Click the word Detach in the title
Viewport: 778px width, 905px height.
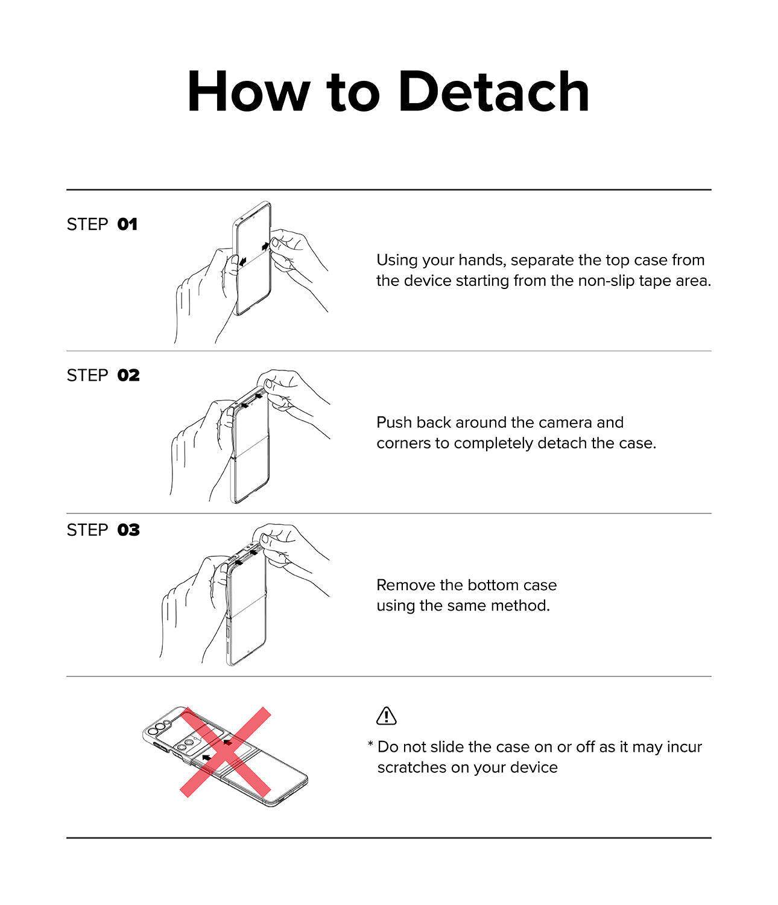tap(494, 92)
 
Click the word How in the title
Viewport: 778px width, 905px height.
tap(248, 92)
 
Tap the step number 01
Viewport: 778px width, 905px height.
tap(127, 224)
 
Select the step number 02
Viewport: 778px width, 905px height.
tap(128, 375)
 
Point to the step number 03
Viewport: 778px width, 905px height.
tap(128, 530)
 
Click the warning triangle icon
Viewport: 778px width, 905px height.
tap(386, 716)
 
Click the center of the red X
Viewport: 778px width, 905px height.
tap(226, 752)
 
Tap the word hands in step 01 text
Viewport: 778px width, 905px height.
tap(482, 260)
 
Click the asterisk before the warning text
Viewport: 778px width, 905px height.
tap(370, 743)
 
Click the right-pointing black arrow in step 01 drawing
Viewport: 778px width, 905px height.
tap(265, 246)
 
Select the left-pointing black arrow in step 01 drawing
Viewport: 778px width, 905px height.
tap(242, 261)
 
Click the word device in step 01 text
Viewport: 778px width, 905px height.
tap(428, 281)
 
